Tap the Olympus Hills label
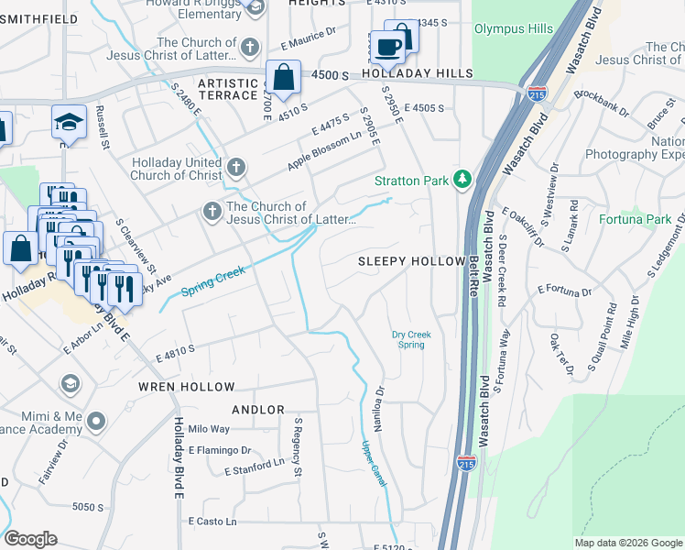513,29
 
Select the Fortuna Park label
636,220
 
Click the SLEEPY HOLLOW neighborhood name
411,261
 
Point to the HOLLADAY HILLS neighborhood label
417,73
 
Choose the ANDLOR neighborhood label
257,410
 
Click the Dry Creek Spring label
411,340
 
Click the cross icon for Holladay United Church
237,167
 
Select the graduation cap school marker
69,122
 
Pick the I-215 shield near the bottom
466,465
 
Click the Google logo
30,539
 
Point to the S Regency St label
297,448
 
